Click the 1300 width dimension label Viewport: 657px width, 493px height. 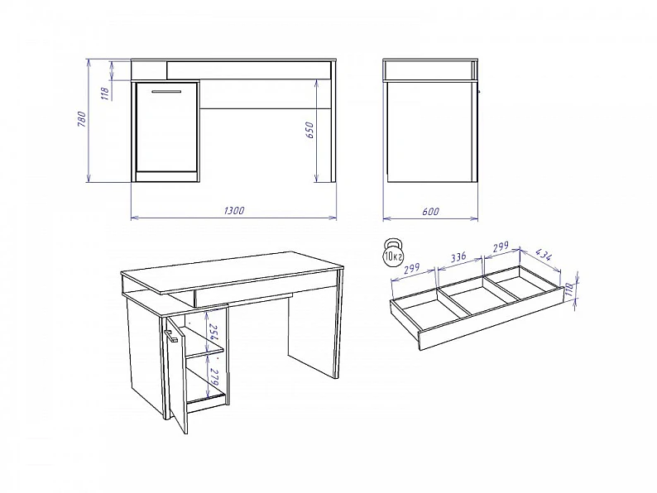[x=234, y=210]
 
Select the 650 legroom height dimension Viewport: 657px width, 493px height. [x=309, y=130]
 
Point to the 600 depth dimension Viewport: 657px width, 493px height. [x=430, y=212]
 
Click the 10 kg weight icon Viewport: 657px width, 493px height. [x=392, y=253]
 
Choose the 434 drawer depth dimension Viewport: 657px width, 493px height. [x=544, y=255]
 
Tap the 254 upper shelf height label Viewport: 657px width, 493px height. [x=213, y=333]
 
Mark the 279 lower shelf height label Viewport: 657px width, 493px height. [x=214, y=377]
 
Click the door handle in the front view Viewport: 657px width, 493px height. [x=166, y=91]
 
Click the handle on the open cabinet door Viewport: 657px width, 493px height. [x=170, y=337]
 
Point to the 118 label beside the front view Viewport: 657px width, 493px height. [x=106, y=93]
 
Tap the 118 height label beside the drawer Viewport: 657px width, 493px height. [x=568, y=290]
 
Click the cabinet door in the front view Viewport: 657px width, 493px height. [x=166, y=127]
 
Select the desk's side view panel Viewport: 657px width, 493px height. [x=431, y=132]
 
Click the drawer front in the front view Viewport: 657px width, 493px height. [x=249, y=70]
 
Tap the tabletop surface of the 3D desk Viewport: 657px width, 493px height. [x=233, y=272]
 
